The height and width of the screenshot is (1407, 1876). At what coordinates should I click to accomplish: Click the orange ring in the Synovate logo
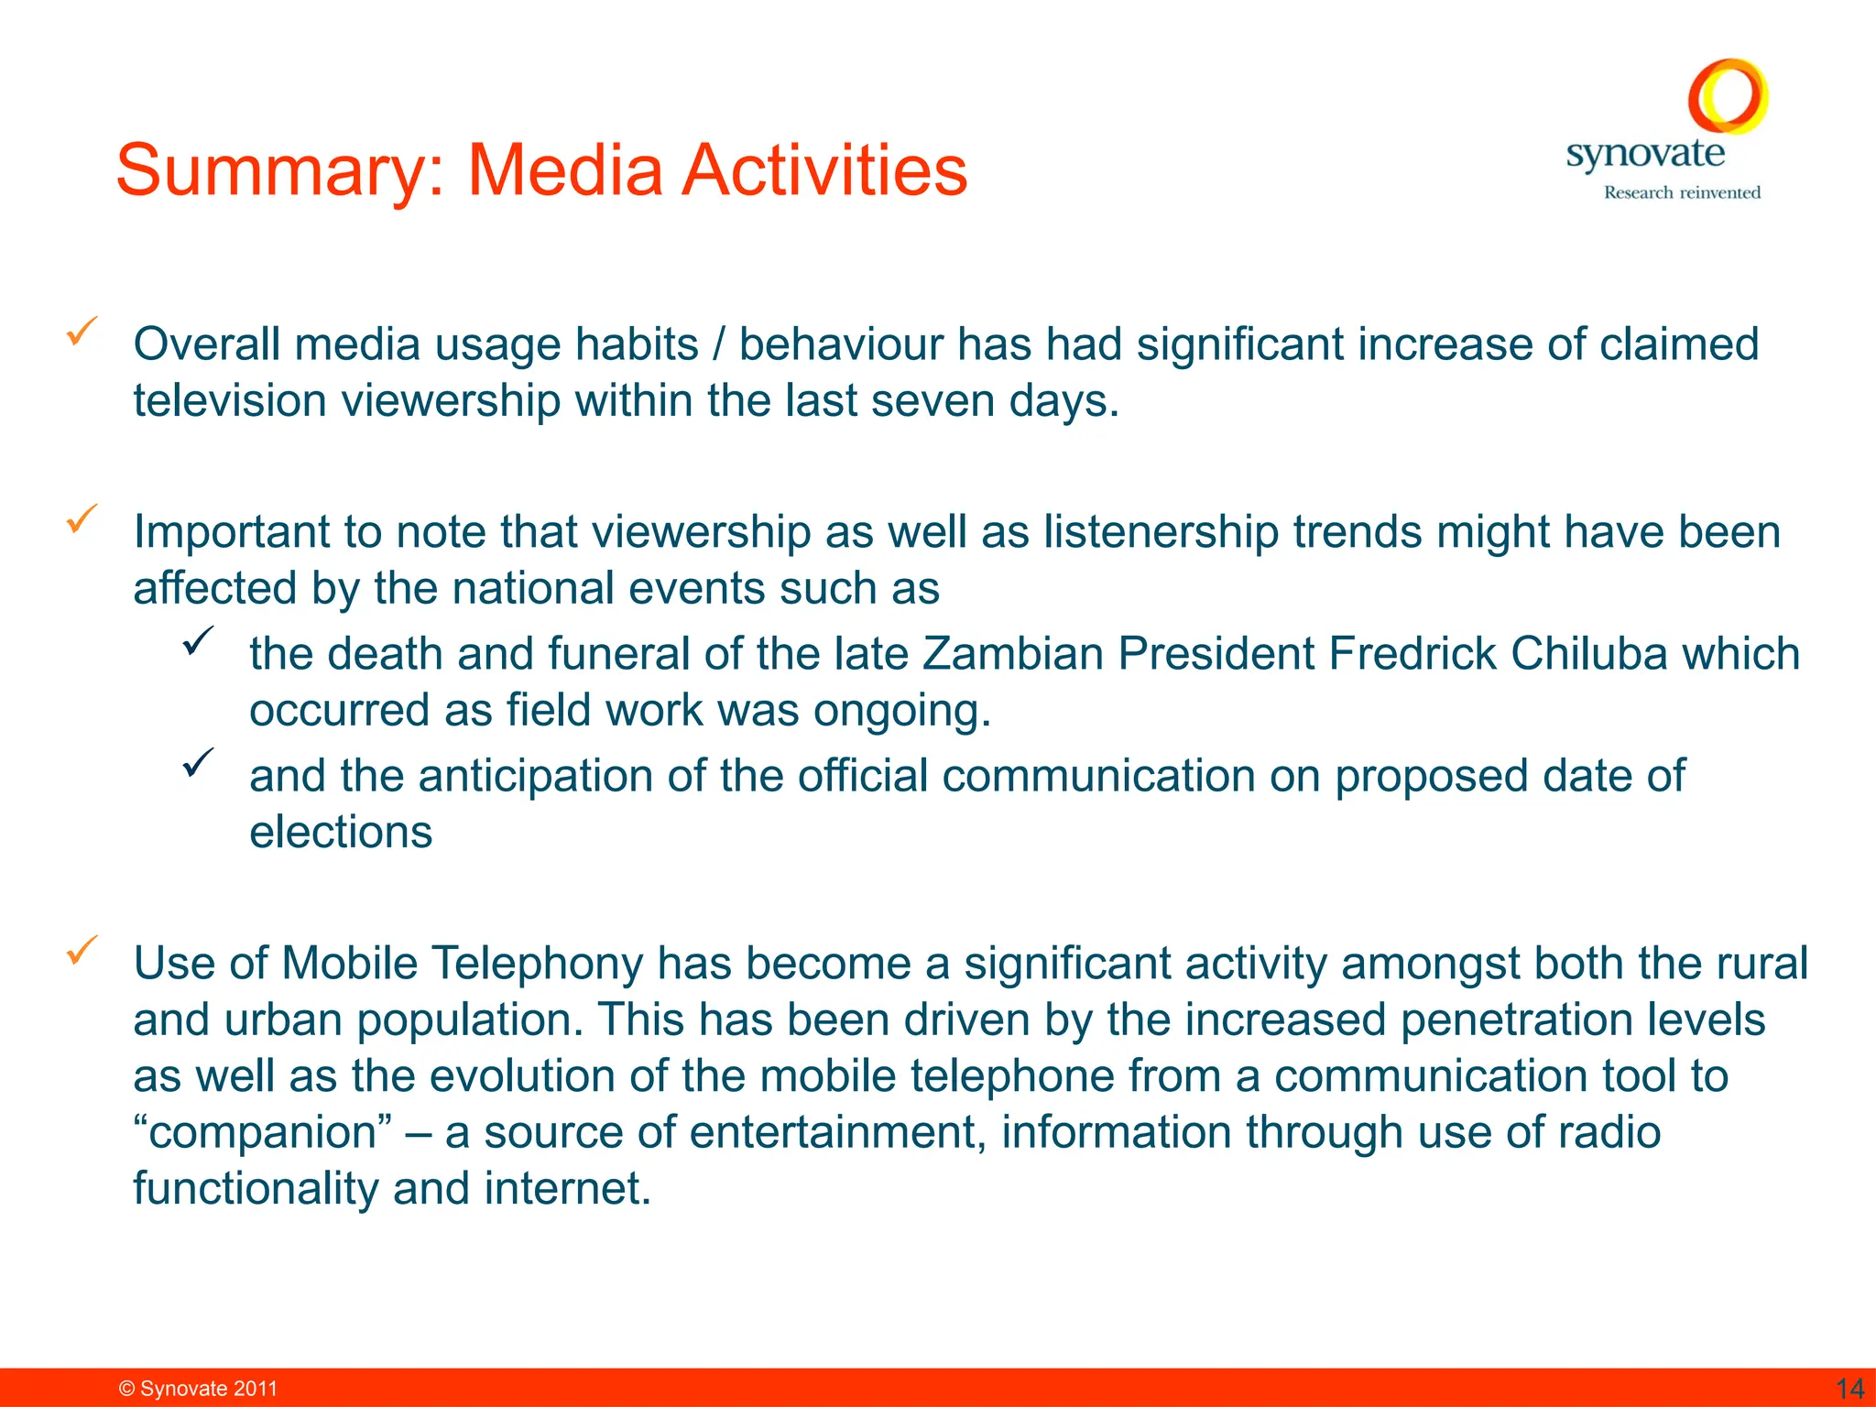coord(1728,96)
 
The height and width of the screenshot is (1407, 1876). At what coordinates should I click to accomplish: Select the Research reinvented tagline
coord(1682,192)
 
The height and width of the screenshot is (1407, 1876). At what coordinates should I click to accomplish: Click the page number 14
coord(1849,1388)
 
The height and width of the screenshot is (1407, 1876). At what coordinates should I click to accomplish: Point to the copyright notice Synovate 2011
coord(199,1389)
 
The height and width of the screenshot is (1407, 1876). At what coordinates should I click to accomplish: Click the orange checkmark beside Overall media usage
coord(82,331)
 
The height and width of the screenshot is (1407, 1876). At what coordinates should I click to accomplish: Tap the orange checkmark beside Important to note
coord(82,518)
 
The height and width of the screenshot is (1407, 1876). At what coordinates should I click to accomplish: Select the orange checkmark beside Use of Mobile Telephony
coord(82,950)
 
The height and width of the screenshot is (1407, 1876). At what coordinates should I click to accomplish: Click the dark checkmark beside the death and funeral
coord(198,639)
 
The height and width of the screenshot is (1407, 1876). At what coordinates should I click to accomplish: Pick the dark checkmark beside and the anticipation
coord(198,761)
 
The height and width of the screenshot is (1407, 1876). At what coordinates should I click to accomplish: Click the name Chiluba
coord(1588,654)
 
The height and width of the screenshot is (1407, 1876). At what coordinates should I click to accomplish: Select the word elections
coord(341,832)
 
